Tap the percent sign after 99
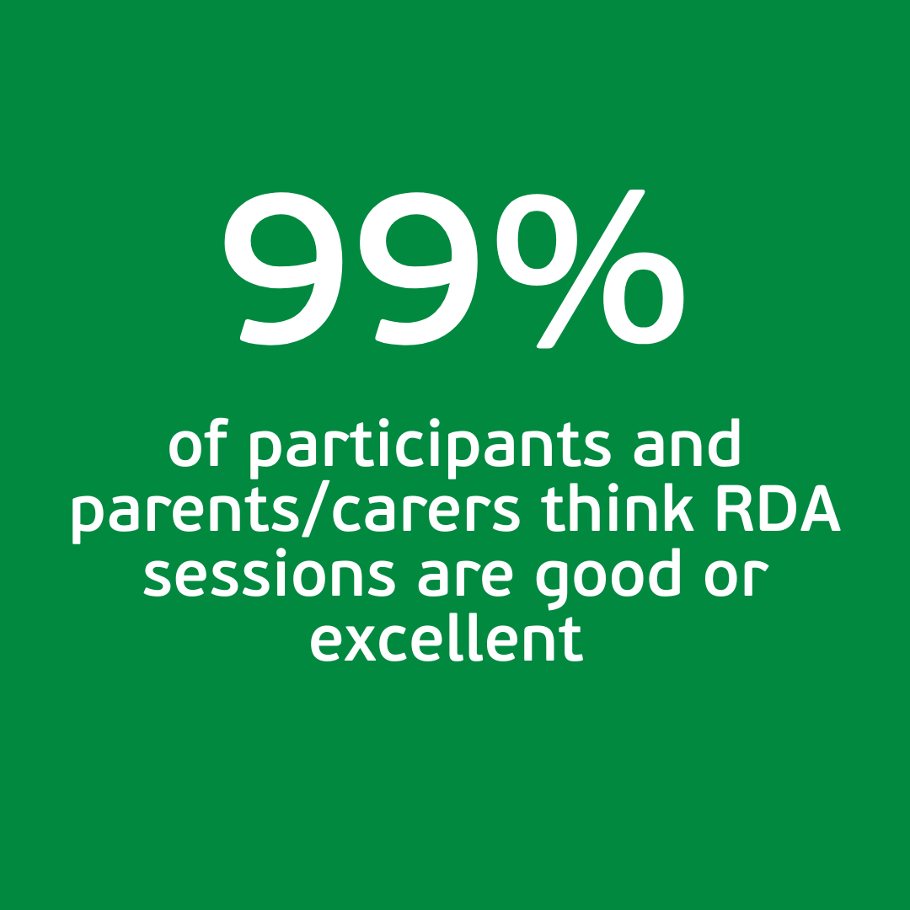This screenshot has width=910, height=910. (590, 269)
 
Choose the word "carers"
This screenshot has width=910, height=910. (426, 514)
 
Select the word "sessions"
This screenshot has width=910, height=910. (270, 574)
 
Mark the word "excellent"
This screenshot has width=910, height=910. (447, 638)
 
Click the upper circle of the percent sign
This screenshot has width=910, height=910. (537, 239)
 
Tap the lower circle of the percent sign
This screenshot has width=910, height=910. (644, 298)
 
